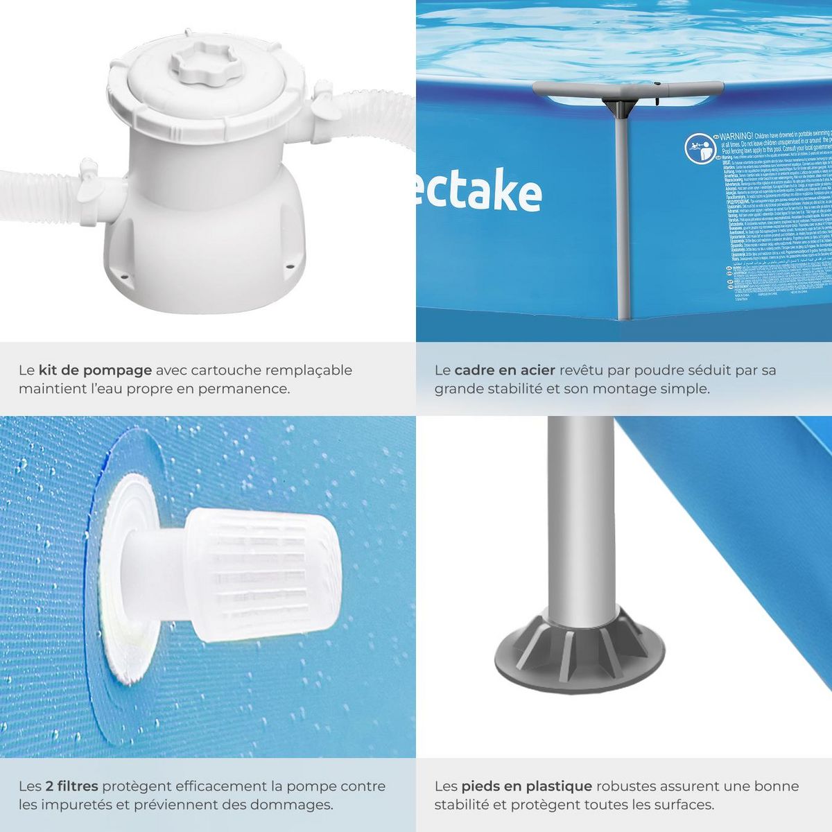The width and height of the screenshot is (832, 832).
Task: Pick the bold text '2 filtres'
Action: point(71,786)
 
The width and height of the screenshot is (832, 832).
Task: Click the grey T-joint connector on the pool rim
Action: point(617,97)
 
